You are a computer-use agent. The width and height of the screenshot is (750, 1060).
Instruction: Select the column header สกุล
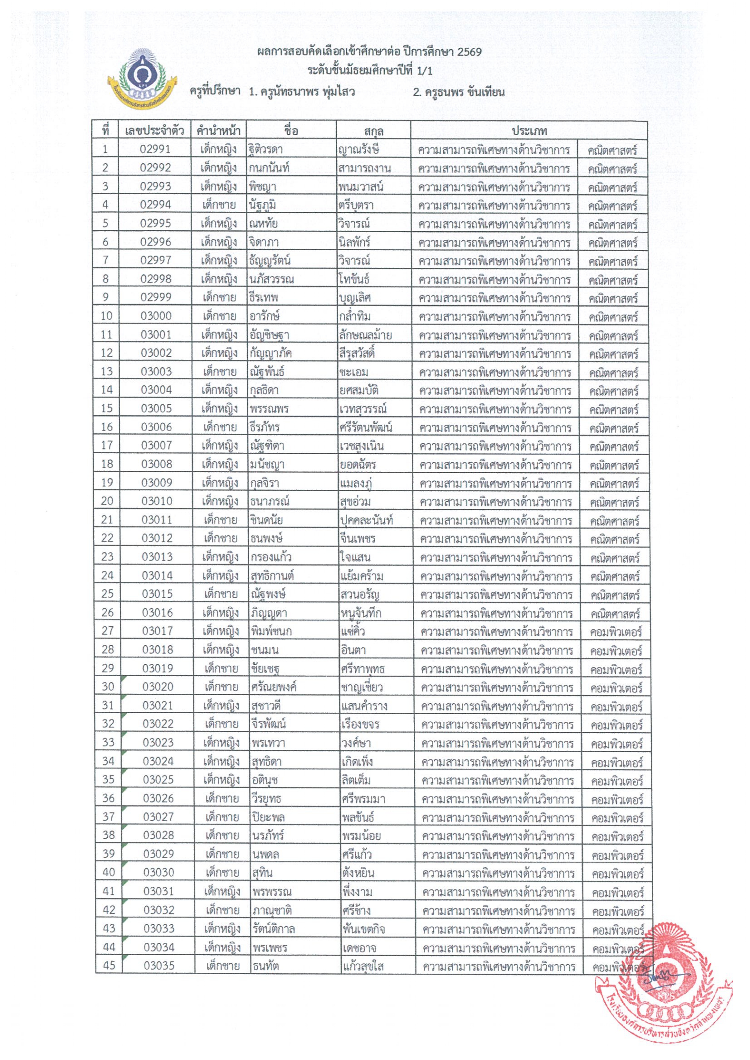pyautogui.click(x=373, y=131)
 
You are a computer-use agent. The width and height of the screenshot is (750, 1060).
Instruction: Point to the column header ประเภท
pyautogui.click(x=529, y=131)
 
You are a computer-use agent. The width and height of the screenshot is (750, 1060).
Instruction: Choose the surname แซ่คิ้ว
pyautogui.click(x=353, y=631)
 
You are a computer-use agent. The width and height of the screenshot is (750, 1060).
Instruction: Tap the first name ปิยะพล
pyautogui.click(x=268, y=817)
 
